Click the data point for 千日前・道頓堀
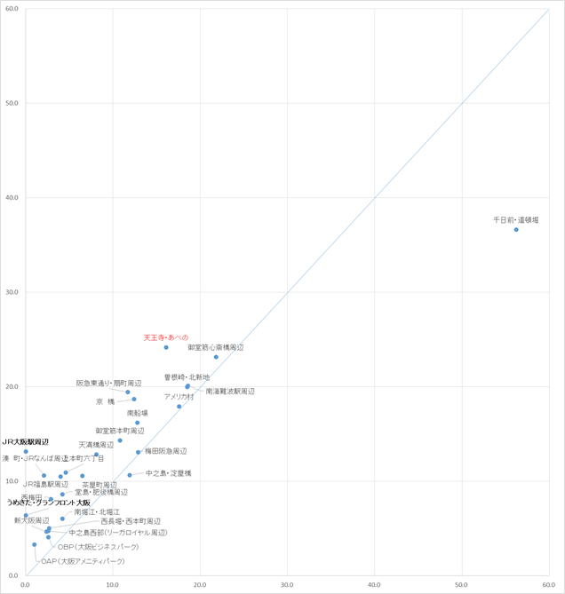coord(516,230)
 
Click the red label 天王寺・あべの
coord(166,337)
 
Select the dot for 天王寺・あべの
coord(166,347)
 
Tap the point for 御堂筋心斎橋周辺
coord(216,357)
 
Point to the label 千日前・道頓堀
coord(516,219)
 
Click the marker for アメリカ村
coord(179,407)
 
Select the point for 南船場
coord(137,423)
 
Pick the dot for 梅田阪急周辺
coord(139,452)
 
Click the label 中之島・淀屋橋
coord(168,473)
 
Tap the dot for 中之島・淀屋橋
coord(130,475)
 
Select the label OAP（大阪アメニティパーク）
coord(83,561)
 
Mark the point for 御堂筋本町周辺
coord(120,440)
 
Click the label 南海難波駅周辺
coord(229,391)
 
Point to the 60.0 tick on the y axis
coord(12,9)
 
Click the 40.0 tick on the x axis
coord(374,585)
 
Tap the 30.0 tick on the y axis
coord(12,292)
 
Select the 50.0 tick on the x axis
coord(461,585)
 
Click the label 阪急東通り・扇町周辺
coord(108,383)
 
